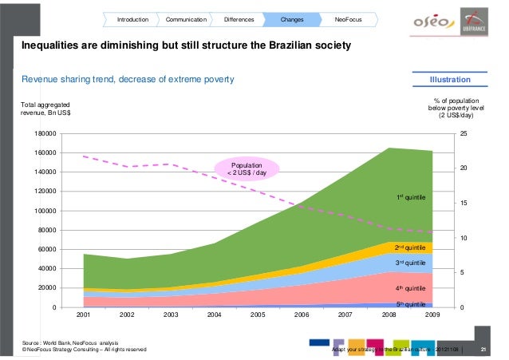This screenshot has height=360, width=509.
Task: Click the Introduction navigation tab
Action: click(x=133, y=18)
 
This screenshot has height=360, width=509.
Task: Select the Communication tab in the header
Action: click(x=186, y=18)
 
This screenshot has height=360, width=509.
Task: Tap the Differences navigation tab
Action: click(x=239, y=18)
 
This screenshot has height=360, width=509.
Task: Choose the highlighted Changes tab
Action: click(x=293, y=18)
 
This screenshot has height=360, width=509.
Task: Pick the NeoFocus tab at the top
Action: click(x=347, y=18)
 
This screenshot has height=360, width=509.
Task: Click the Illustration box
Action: click(x=449, y=80)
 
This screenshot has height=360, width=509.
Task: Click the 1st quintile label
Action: click(x=412, y=196)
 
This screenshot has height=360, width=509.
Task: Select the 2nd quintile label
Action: click(x=412, y=248)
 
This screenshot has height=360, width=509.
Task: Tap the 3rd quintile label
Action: click(x=412, y=263)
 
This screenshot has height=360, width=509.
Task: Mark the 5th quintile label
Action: click(x=412, y=304)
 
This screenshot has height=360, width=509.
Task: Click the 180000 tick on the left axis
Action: click(x=46, y=133)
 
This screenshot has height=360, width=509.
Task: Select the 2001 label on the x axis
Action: click(x=83, y=315)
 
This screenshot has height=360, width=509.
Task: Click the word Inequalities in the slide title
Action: click(x=53, y=47)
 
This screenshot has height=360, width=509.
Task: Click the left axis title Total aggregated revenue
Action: click(x=46, y=109)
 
